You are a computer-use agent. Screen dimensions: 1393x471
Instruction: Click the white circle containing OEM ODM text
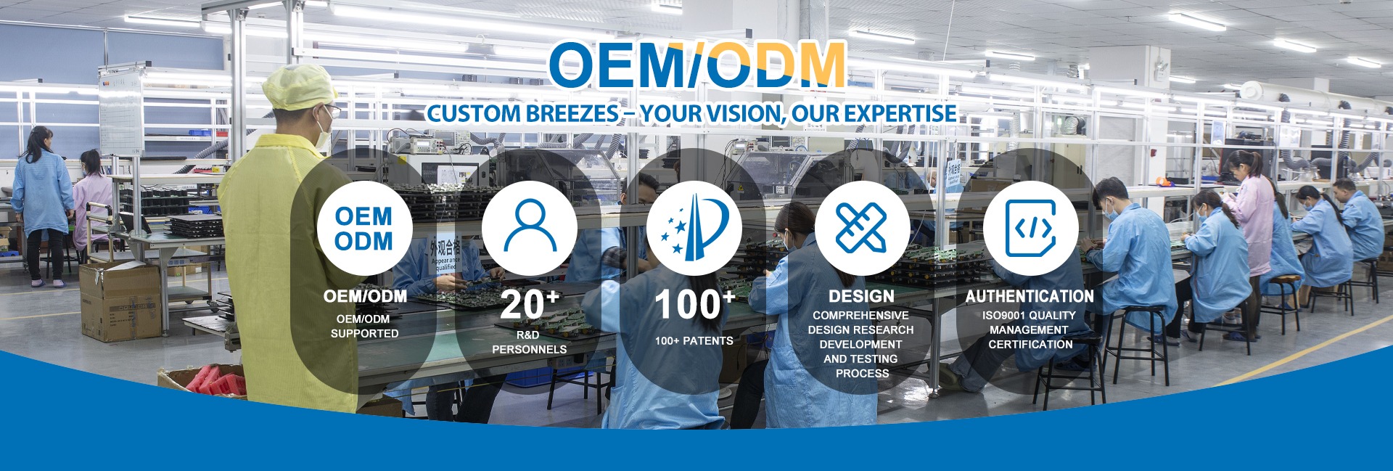coord(364,228)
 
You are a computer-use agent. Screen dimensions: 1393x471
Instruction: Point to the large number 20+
coord(530,305)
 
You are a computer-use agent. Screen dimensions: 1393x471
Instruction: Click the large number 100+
coord(694,305)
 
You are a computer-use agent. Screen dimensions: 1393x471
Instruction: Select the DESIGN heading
coord(861,296)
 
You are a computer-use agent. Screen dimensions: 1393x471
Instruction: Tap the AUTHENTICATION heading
coord(1030,296)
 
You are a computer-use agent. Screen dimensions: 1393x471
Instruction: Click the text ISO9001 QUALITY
coord(1029,316)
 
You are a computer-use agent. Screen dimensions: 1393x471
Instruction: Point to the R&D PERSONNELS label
coord(529,343)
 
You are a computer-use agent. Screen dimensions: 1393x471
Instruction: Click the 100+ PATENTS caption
coord(694,341)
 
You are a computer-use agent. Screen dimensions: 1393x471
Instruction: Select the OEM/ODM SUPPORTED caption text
coord(364,327)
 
